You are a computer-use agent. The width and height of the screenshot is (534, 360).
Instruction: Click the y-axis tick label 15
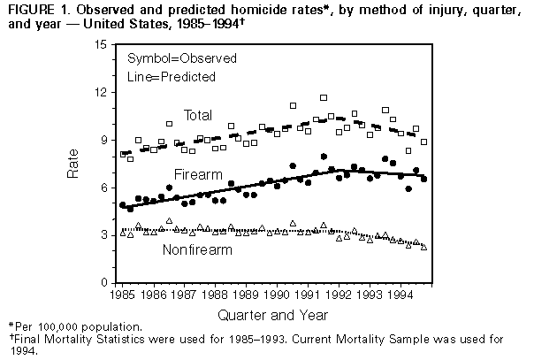tap(103, 44)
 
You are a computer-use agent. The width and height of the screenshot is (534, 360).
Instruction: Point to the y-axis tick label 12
tap(103, 92)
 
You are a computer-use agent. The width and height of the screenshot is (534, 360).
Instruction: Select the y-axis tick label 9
tap(105, 140)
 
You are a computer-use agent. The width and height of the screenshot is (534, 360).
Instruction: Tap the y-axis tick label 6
tap(105, 188)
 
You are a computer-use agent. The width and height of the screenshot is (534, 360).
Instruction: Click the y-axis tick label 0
tap(105, 282)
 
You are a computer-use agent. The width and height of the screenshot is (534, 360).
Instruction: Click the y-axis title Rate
tap(74, 164)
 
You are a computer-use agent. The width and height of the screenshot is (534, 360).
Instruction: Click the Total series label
tap(199, 116)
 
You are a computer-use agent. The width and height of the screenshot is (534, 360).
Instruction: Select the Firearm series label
tap(198, 173)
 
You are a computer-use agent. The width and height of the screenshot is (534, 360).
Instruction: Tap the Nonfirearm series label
tap(198, 249)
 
